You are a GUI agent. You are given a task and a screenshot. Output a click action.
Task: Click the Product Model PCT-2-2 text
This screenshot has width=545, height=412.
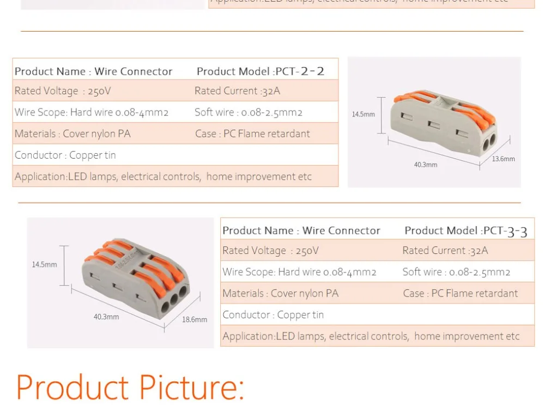tap(260, 71)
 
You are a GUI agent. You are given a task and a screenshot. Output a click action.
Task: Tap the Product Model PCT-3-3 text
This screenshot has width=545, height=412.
tap(466, 231)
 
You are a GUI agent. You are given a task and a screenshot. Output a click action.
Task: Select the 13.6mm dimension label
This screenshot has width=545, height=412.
tap(503, 159)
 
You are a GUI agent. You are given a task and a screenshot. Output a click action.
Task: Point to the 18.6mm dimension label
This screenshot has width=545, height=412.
tap(195, 320)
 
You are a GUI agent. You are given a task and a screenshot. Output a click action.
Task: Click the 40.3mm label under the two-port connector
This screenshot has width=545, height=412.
tap(426, 165)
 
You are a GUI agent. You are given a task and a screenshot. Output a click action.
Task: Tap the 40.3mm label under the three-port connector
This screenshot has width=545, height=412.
tap(106, 317)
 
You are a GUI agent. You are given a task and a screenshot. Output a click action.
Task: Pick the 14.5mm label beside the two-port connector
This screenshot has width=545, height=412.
tap(363, 114)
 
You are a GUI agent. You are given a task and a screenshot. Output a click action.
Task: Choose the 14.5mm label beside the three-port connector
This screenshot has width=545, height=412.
tap(44, 265)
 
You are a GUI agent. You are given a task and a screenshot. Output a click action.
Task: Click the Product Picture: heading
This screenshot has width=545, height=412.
tap(130, 387)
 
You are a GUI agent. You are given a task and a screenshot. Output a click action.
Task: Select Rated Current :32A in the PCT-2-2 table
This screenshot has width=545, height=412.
tap(237, 91)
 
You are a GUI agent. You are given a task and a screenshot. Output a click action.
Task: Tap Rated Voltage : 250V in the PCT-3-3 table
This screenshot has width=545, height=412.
tap(270, 251)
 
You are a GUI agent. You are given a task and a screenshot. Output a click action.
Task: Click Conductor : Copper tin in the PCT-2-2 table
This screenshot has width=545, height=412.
tap(65, 155)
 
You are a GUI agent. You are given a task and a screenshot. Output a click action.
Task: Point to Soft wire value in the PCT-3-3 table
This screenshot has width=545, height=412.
tap(456, 272)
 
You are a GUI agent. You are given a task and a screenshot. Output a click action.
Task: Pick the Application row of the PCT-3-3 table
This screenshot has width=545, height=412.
tap(371, 336)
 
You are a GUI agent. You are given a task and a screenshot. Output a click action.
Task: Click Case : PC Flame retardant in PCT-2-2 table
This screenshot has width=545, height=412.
tap(252, 134)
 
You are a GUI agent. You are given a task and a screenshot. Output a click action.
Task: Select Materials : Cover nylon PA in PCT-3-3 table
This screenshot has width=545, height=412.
tap(280, 293)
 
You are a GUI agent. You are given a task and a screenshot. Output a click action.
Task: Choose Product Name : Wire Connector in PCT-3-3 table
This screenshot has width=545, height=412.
tap(301, 231)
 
